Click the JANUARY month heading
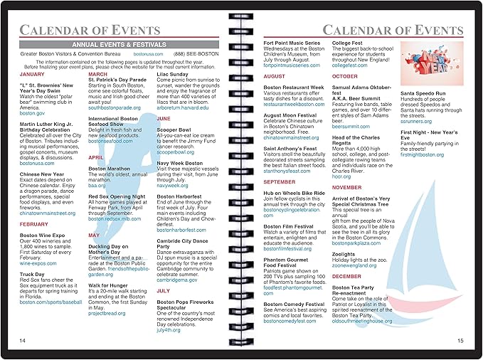coord(32,74)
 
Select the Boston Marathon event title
coord(108,169)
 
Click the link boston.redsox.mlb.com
coord(115,218)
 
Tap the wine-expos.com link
coord(38,263)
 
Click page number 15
coord(460,341)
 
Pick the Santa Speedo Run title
coord(423,93)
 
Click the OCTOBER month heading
coord(345,76)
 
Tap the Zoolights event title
coord(344,254)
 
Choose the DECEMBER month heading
coord(346,276)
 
